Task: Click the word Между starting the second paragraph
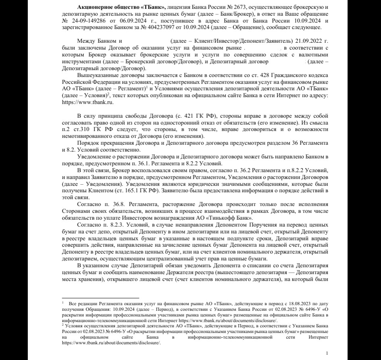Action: coord(87,42)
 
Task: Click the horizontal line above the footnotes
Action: coord(100,298)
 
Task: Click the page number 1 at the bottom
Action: coord(327,354)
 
